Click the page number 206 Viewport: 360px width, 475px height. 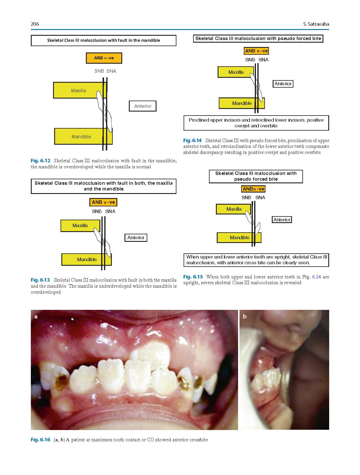tap(35, 24)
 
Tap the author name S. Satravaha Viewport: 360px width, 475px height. tap(316, 24)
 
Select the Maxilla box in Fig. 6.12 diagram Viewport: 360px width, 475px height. tap(80, 90)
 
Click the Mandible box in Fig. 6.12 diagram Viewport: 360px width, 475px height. tap(83, 136)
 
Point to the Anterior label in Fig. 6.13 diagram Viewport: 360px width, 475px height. tap(136, 237)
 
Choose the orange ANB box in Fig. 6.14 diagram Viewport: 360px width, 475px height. tap(256, 51)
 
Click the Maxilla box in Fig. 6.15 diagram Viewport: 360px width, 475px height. tap(234, 209)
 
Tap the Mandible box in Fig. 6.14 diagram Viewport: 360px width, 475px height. tap(242, 103)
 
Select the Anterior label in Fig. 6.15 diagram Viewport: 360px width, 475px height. tap(282, 220)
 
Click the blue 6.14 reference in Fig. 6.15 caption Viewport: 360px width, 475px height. tap(316, 277)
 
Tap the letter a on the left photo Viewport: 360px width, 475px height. tap(36, 316)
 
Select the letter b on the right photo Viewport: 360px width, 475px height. tap(245, 316)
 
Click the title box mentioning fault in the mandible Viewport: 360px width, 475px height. tap(103, 40)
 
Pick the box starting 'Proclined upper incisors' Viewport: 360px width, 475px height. tap(256, 123)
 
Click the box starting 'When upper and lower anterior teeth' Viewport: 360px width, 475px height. tap(256, 260)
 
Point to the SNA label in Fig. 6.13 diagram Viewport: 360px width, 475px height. tap(110, 211)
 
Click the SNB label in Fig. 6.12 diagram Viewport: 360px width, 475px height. tap(99, 71)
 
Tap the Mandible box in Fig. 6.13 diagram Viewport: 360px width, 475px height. tap(86, 259)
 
